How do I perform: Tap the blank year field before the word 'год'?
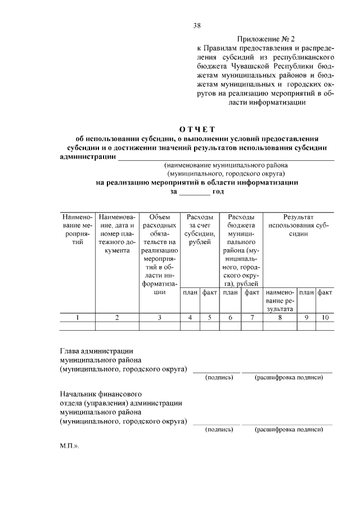pyautogui.click(x=193, y=192)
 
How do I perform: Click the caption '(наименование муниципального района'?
pyautogui.click(x=226, y=166)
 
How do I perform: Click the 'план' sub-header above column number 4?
pyautogui.click(x=190, y=292)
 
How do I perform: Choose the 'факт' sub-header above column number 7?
pyautogui.click(x=251, y=292)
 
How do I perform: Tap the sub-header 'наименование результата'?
pyautogui.click(x=280, y=300)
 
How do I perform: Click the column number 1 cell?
pyautogui.click(x=78, y=318)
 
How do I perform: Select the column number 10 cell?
pyautogui.click(x=325, y=318)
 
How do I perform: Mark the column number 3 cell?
pyautogui.click(x=160, y=318)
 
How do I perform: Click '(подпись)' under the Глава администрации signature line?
pyautogui.click(x=219, y=377)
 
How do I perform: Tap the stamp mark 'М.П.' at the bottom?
pyautogui.click(x=70, y=444)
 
